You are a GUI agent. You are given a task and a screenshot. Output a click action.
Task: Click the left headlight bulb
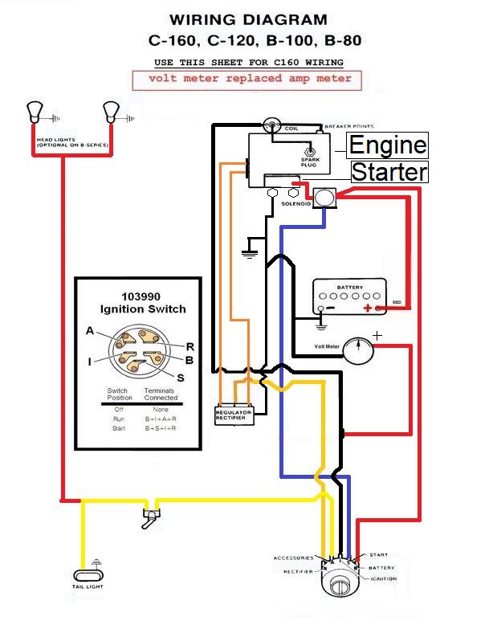point(35,110)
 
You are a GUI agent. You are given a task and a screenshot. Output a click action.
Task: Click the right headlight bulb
point(109,110)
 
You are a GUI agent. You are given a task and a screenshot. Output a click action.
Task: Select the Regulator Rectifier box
point(234,415)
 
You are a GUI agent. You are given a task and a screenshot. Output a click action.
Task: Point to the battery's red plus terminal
point(369,308)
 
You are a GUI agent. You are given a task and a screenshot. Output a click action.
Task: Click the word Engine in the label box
point(388,145)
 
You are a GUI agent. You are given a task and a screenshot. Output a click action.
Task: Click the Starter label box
point(389,171)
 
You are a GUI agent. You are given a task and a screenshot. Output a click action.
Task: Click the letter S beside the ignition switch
point(179,378)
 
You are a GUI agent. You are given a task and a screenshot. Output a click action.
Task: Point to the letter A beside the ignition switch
point(89,331)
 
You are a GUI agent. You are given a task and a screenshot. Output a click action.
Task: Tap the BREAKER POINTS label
point(348,127)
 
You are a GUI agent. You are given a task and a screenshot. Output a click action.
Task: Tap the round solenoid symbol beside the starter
point(324,198)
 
